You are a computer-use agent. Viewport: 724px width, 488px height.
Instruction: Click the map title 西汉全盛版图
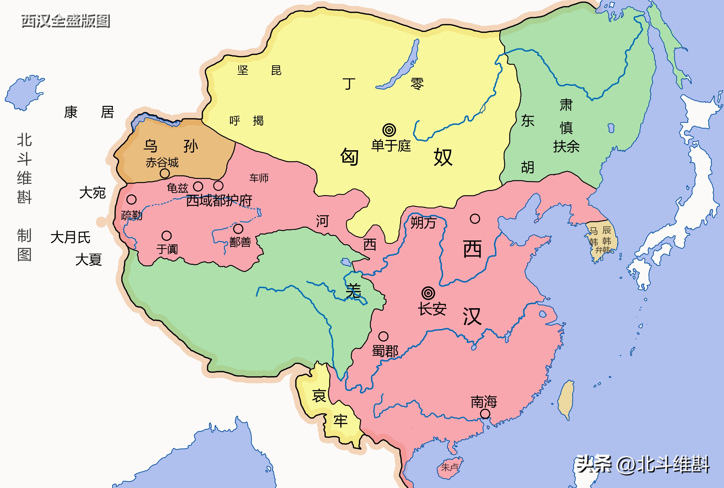coord(66,21)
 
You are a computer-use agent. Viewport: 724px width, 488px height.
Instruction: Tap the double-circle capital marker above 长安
coord(428,293)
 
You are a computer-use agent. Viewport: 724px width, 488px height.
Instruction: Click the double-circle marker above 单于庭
coord(389,130)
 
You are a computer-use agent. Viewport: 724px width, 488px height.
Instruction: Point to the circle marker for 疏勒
coord(131,199)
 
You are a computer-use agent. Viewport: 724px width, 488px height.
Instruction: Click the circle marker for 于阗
coord(166,236)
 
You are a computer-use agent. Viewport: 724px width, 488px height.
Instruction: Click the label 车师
coord(259,178)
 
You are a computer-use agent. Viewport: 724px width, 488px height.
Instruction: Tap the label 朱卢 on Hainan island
coord(449,467)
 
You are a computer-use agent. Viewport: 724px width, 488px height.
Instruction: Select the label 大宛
coord(92,193)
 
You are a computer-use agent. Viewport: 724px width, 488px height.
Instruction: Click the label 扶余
coord(566,146)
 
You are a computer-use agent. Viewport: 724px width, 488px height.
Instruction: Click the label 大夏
coord(89,260)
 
